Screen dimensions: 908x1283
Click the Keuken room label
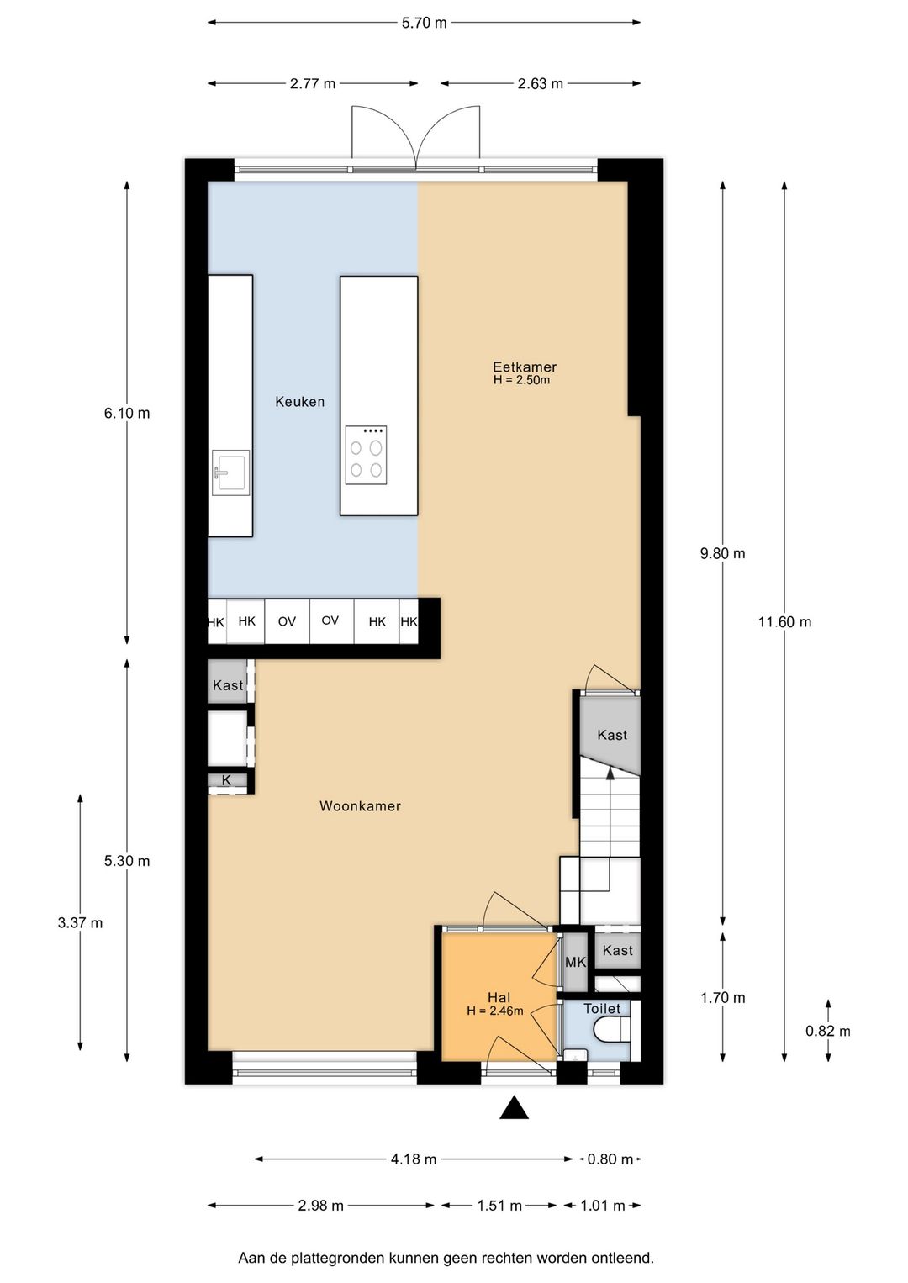[x=299, y=402]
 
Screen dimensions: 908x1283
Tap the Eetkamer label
[x=525, y=367]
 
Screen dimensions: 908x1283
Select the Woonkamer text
[x=360, y=806]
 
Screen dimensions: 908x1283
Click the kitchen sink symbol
[x=230, y=472]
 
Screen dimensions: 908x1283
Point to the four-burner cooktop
[x=366, y=456]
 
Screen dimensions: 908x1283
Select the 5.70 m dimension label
[x=424, y=23]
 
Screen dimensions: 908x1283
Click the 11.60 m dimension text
[x=785, y=621]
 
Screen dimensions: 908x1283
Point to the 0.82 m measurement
[x=828, y=1031]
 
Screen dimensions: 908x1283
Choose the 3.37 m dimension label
[x=80, y=922]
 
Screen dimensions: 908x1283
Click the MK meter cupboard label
[x=576, y=962]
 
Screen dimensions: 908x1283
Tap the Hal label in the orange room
[x=499, y=997]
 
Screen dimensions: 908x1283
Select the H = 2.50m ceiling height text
[x=521, y=380]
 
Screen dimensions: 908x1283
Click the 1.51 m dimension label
[x=499, y=1206]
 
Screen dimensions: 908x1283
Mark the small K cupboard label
[x=226, y=780]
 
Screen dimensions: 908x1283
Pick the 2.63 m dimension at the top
[x=541, y=83]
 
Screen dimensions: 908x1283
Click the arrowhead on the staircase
[x=610, y=773]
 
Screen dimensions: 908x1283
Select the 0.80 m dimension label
[x=610, y=1159]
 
